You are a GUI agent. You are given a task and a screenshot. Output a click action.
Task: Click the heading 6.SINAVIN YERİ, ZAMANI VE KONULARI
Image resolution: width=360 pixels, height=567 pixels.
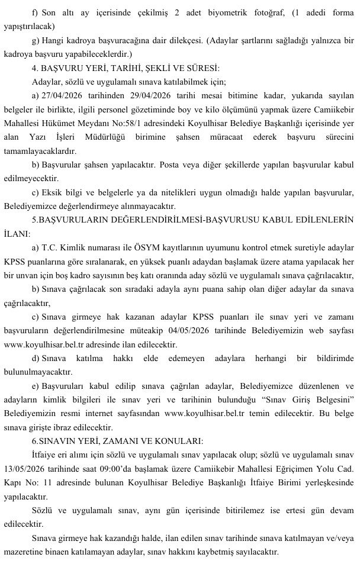(x=118, y=440)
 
